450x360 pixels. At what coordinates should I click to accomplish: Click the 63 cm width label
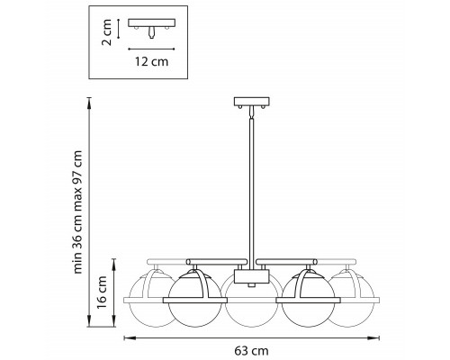point(251,350)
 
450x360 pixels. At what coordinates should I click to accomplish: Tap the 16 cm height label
point(102,292)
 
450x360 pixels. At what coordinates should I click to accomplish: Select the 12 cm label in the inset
point(151,61)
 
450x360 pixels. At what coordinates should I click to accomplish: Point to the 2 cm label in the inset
point(107,32)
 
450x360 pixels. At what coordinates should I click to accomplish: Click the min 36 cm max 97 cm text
point(77,211)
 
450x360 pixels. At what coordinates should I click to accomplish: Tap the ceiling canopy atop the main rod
point(251,102)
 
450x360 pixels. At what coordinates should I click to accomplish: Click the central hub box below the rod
point(251,276)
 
